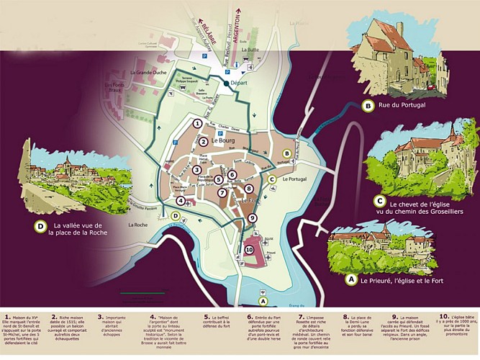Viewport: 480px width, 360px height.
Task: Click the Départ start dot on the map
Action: pos(227,84)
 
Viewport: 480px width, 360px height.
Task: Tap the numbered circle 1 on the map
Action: pos(196,123)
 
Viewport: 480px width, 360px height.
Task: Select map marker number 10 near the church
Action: pos(249,249)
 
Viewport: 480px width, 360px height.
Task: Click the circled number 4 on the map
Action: pos(181,201)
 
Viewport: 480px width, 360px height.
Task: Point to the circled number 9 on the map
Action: pos(252,217)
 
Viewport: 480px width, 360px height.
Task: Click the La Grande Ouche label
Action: pos(148,73)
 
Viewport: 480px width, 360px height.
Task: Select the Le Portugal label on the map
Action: pos(295,179)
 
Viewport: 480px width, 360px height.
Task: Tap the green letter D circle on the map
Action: pos(176,215)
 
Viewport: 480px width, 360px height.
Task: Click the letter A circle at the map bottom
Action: pos(263,301)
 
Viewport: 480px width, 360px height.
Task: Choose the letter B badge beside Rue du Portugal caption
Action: pos(368,106)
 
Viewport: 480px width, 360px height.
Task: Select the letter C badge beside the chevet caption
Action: pos(379,201)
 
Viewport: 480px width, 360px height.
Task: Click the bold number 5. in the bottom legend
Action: pos(207,316)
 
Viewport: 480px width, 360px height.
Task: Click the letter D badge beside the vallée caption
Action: pos(41,227)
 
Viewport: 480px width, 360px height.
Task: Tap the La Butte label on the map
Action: pos(250,50)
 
